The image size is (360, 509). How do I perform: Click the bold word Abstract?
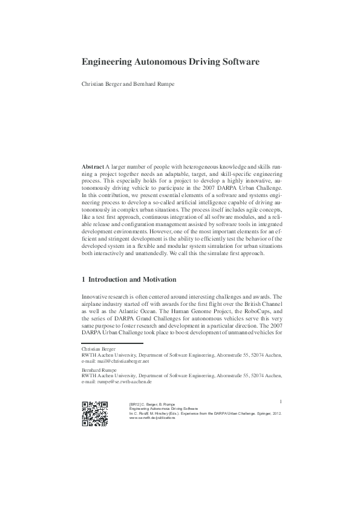(93, 166)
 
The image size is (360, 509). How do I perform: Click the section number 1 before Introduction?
(83, 280)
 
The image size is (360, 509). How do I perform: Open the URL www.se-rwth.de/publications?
(152, 418)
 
